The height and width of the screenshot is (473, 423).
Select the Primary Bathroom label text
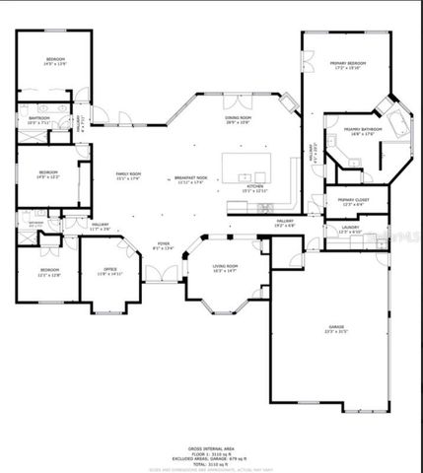point(362,129)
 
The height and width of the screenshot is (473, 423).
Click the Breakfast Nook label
point(188,178)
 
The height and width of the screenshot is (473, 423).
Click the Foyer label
point(163,245)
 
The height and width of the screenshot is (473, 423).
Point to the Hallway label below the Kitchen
point(286,222)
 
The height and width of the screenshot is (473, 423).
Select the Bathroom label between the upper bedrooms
point(39,119)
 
